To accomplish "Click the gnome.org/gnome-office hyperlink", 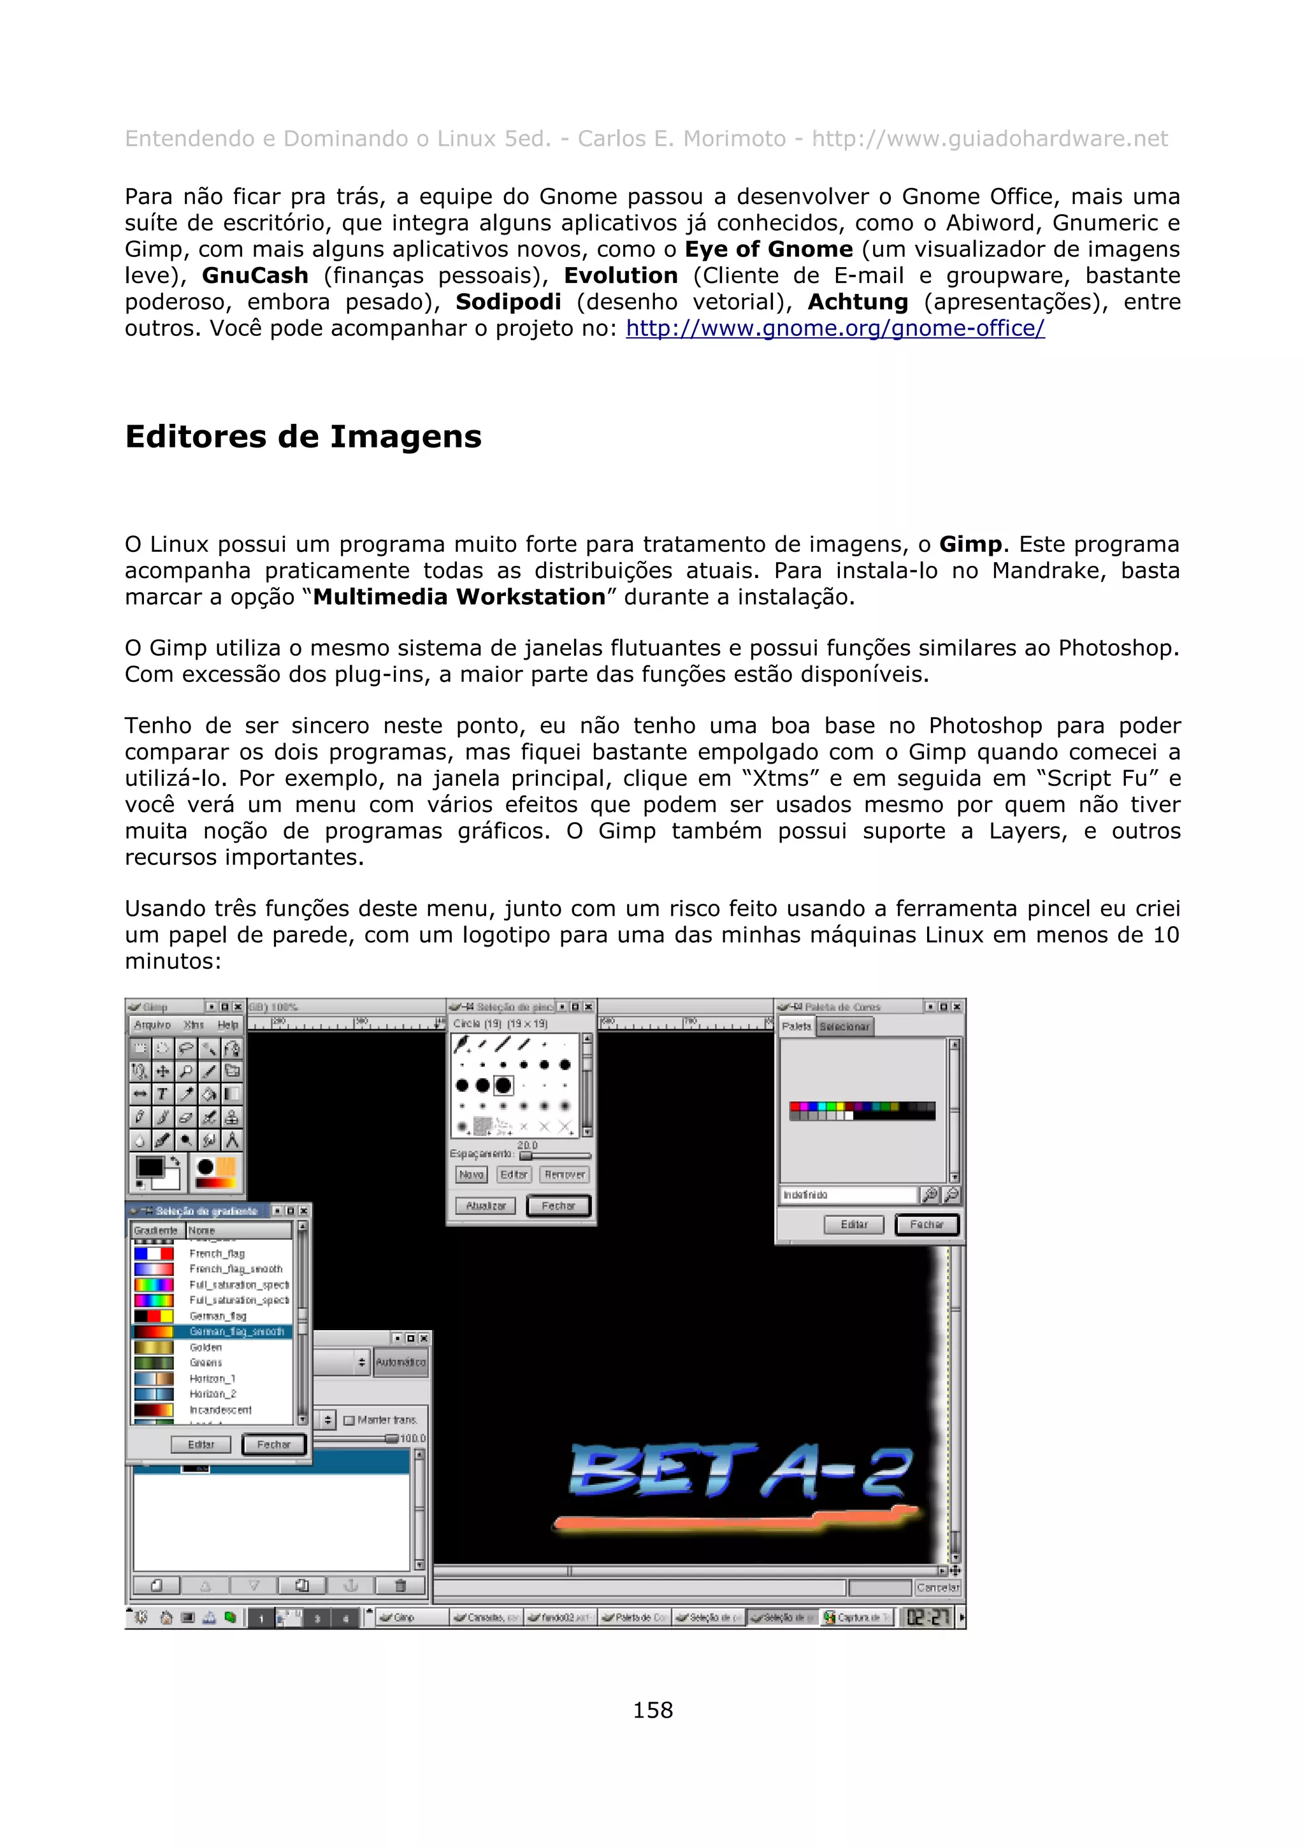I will (835, 328).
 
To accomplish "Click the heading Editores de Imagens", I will (303, 437).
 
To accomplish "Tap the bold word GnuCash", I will (255, 276).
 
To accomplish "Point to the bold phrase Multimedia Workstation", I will (458, 597).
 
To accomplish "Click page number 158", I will (652, 1710).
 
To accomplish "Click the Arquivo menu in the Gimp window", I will (152, 1025).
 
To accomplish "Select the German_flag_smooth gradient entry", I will (236, 1331).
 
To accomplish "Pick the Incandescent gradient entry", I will (220, 1409).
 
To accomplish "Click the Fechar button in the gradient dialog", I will (273, 1444).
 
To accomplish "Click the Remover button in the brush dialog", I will (565, 1175).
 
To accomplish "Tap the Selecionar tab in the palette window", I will (844, 1027).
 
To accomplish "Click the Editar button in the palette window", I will (854, 1224).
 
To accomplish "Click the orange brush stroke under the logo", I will (732, 1519).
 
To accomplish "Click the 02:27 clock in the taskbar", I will (928, 1617).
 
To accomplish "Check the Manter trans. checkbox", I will (349, 1421).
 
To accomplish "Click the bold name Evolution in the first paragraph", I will (620, 276).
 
